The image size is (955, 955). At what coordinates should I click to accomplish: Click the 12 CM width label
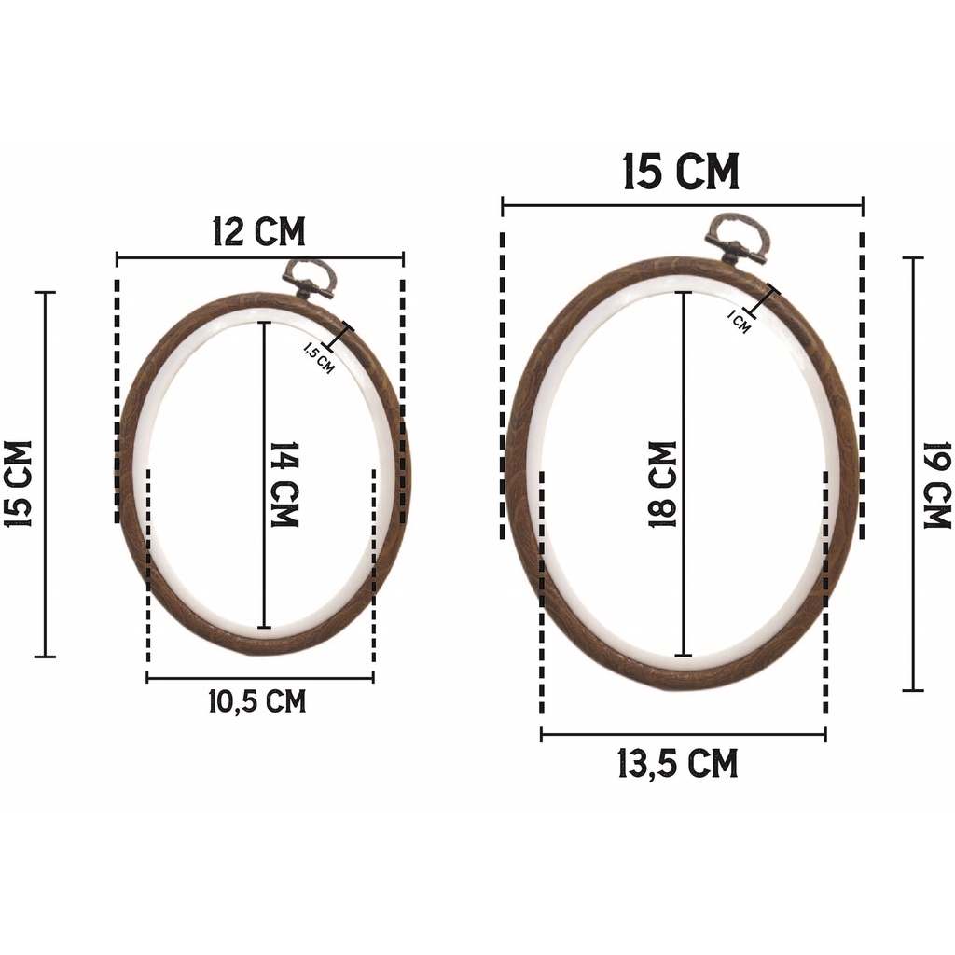259,232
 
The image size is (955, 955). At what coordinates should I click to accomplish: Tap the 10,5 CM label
257,701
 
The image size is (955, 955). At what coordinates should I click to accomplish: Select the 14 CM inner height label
284,484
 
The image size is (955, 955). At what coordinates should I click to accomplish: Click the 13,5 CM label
678,764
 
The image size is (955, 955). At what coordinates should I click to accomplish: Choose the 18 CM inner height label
663,484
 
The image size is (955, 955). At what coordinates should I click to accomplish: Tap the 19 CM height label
936,485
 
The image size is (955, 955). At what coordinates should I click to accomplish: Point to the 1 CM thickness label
739,321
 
